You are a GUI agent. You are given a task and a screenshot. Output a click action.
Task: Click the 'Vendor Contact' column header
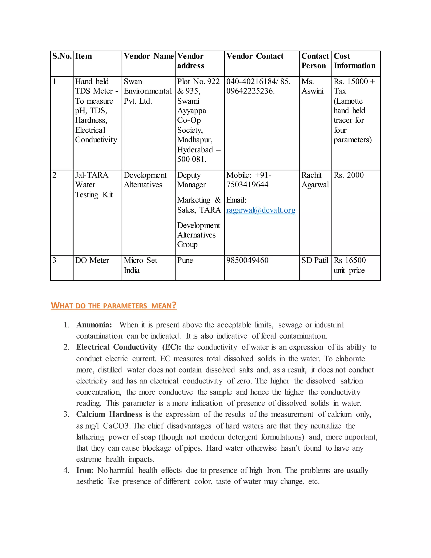click(x=255, y=56)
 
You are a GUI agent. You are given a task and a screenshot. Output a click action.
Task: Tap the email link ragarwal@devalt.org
click(x=261, y=210)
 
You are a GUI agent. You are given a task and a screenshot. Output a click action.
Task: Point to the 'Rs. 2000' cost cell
click(x=348, y=175)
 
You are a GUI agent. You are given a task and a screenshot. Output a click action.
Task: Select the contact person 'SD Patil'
click(x=315, y=260)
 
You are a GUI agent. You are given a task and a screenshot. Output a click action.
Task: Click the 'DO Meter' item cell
click(x=92, y=260)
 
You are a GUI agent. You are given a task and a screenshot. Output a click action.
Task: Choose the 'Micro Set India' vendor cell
click(x=140, y=265)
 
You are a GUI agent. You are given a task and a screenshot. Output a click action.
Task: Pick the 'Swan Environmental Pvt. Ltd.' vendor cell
click(x=147, y=91)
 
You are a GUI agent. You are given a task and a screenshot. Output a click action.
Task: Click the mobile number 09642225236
click(x=250, y=91)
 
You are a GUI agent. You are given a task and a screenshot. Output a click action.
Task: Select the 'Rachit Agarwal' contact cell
click(x=315, y=180)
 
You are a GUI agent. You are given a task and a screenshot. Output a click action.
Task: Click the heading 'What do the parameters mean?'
click(x=113, y=305)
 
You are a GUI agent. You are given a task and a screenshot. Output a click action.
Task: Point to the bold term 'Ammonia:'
click(x=94, y=325)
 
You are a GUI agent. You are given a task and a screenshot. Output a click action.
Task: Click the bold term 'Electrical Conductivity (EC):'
click(x=128, y=347)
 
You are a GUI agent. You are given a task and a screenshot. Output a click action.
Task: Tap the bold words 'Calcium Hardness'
click(x=109, y=414)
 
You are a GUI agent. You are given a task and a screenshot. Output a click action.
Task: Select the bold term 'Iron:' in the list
click(x=85, y=470)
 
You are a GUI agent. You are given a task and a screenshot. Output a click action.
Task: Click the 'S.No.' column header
click(x=62, y=56)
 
